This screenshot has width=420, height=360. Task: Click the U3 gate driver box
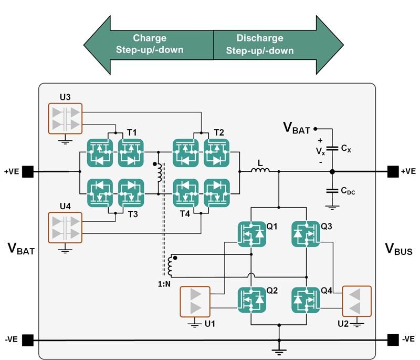tap(66, 118)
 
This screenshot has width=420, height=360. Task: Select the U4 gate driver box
tap(66, 227)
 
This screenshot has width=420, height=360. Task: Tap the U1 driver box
tap(194, 301)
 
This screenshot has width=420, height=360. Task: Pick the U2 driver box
tap(356, 301)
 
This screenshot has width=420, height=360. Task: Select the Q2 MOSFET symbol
tap(251, 300)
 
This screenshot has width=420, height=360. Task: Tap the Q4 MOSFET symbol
tap(306, 300)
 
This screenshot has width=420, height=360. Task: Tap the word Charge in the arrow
tap(150, 38)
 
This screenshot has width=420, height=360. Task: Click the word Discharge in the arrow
tap(259, 38)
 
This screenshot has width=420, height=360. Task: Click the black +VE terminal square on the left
tap(27, 171)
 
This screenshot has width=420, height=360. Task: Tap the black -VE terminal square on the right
tap(392, 339)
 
